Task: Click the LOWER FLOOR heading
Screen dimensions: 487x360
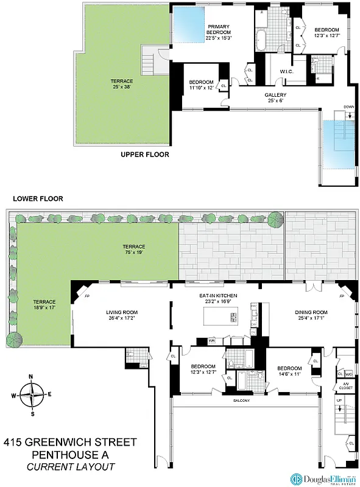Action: click(37, 198)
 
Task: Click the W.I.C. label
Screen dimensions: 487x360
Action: click(288, 72)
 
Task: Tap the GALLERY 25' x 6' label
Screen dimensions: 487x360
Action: click(275, 98)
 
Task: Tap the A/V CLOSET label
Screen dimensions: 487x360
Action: click(345, 385)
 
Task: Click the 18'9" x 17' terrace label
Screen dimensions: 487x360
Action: click(44, 304)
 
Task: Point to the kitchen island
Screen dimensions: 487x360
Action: click(222, 317)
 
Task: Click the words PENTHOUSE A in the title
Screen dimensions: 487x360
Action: click(70, 454)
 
